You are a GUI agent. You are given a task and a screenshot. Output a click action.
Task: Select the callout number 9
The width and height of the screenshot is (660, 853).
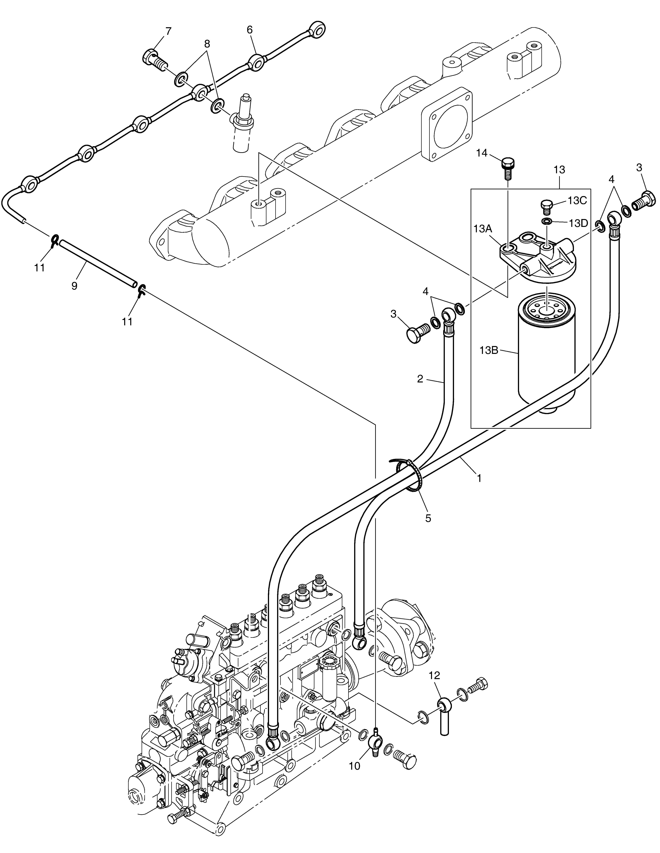(74, 286)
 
